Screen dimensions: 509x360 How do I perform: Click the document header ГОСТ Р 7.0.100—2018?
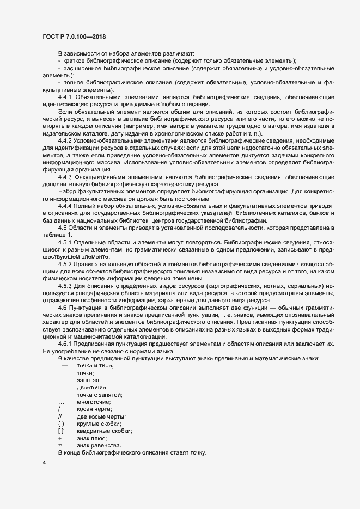click(x=74, y=36)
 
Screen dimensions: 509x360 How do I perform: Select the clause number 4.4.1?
click(x=65, y=96)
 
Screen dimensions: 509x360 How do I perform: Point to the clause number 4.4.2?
click(x=65, y=140)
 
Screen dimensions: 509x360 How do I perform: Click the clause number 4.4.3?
click(x=65, y=177)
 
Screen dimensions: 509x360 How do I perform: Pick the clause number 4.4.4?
click(x=65, y=206)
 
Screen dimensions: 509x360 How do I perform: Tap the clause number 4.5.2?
click(x=65, y=263)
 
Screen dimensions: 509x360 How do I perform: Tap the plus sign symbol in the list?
click(x=59, y=438)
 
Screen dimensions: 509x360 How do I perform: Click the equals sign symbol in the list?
click(x=59, y=445)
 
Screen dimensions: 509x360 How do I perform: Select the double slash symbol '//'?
click(x=60, y=416)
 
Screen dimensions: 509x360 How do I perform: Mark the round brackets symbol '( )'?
click(x=61, y=424)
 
